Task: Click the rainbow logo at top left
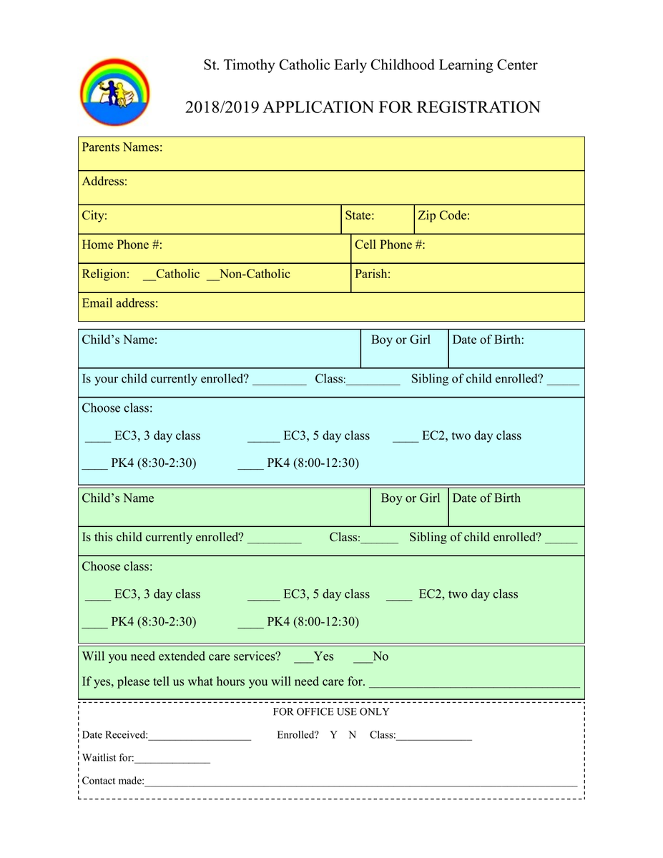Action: [114, 92]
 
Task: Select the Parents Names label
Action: [122, 147]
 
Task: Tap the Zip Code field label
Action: [443, 215]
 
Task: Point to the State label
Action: [359, 215]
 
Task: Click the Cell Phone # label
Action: [390, 245]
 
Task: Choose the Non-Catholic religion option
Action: [249, 274]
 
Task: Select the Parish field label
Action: [372, 274]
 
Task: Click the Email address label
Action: [120, 303]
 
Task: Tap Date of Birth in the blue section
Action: [488, 340]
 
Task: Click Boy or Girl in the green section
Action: [410, 498]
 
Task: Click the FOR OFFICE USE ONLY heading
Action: [331, 712]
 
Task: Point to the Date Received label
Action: [114, 735]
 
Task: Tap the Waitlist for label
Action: [108, 758]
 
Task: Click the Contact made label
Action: [113, 781]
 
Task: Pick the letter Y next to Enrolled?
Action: [333, 735]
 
